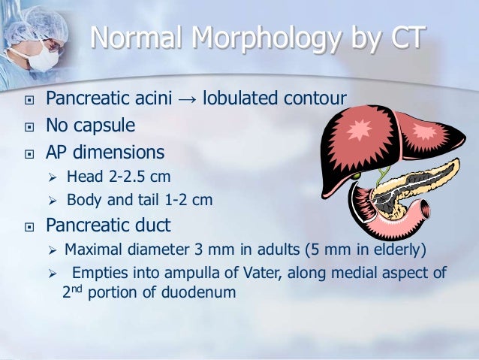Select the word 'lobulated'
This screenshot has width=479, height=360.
(x=242, y=98)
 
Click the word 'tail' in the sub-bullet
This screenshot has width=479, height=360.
(x=155, y=201)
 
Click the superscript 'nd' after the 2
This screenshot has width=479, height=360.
(x=77, y=288)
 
